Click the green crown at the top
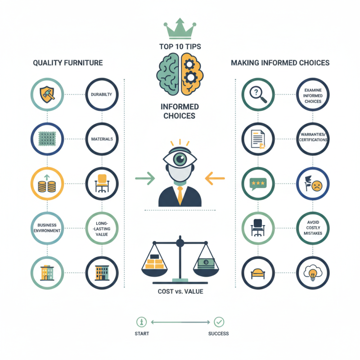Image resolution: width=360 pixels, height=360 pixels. click(x=180, y=29)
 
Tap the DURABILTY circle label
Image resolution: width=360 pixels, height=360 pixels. click(x=102, y=94)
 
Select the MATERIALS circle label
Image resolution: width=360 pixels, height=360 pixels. click(x=102, y=139)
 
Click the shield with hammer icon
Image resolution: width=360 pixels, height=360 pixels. click(x=47, y=94)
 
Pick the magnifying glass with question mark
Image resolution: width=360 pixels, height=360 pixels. click(x=258, y=94)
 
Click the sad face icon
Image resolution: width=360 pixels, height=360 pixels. click(x=317, y=186)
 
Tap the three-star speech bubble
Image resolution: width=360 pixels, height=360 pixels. click(x=258, y=184)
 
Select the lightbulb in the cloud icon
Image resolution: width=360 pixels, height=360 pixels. click(x=313, y=273)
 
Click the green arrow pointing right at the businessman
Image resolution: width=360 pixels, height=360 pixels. click(x=145, y=178)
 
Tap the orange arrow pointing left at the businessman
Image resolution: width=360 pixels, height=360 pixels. click(x=215, y=178)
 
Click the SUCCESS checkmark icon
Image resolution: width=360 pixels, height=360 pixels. click(x=219, y=322)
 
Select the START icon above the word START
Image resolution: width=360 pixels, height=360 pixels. click(x=141, y=322)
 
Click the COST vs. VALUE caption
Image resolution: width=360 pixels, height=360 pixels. click(x=180, y=291)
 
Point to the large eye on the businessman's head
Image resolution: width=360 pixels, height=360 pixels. click(x=180, y=159)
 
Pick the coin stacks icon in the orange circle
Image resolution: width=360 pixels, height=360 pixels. click(x=47, y=184)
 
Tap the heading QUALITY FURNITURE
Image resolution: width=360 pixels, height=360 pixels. click(x=68, y=63)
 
